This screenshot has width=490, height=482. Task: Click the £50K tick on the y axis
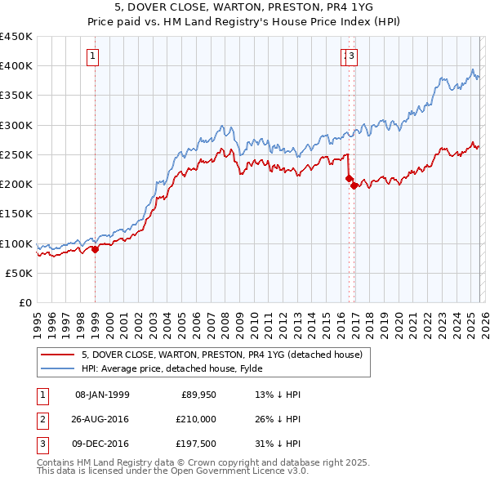[x=20, y=274]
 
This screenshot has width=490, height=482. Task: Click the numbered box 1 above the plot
[x=94, y=56]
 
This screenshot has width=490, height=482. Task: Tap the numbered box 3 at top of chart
[x=353, y=56]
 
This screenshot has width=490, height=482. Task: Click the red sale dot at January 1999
[x=95, y=250]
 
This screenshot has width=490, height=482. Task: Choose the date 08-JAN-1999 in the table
[x=102, y=395]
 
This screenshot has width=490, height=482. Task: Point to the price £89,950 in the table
[x=196, y=395]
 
